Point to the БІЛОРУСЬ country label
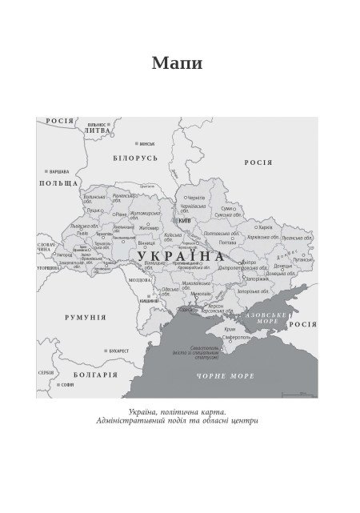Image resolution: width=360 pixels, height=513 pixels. pyautogui.click(x=136, y=158)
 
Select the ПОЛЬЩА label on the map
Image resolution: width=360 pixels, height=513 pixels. pyautogui.click(x=59, y=183)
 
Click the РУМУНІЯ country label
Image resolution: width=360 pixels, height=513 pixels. pyautogui.click(x=85, y=317)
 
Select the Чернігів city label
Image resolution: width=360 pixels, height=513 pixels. pyautogui.click(x=196, y=196)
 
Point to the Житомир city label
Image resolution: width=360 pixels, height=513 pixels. pyautogui.click(x=150, y=227)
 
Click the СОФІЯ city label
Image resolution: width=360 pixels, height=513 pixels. pyautogui.click(x=67, y=385)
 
